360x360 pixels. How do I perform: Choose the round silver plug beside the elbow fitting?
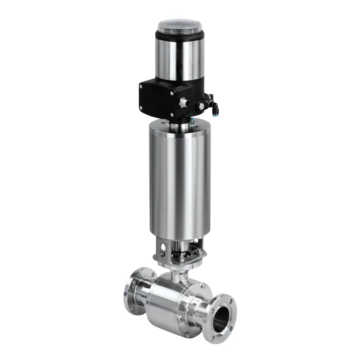pos(199,104)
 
